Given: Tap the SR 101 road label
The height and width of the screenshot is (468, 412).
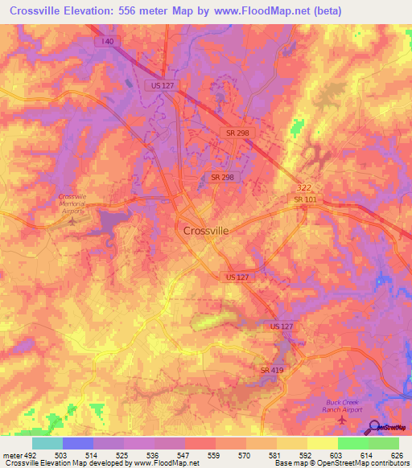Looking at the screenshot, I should pyautogui.click(x=304, y=199).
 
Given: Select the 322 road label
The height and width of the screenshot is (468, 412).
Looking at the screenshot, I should pyautogui.click(x=303, y=187).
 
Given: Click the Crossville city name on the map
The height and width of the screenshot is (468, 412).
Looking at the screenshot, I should pyautogui.click(x=206, y=230).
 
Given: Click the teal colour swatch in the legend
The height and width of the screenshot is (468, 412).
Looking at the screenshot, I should pyautogui.click(x=47, y=443).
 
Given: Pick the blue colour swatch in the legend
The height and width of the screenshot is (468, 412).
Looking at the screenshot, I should pyautogui.click(x=77, y=443).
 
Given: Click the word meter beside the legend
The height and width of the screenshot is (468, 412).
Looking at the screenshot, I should pyautogui.click(x=12, y=454).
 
